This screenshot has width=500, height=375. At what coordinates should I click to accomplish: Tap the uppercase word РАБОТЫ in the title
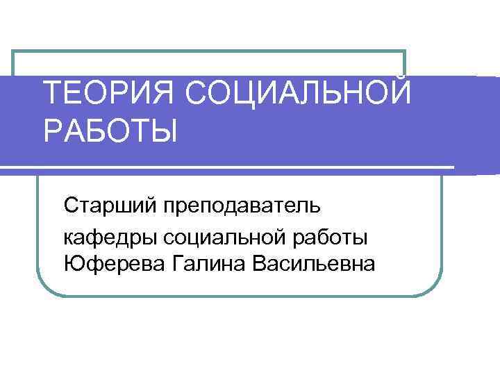coord(110,131)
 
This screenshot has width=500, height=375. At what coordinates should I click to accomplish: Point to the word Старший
coord(110,206)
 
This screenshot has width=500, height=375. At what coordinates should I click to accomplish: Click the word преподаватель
coord(242,206)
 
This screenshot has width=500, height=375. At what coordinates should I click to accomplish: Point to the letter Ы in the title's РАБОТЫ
coord(164,131)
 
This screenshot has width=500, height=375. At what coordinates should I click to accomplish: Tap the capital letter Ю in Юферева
coord(71,264)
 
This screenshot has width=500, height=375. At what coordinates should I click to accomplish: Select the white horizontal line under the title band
coord(229,167)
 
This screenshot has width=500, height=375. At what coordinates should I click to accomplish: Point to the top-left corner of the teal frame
coord(14,51)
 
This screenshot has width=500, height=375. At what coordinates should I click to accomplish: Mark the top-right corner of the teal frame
coord(404,51)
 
